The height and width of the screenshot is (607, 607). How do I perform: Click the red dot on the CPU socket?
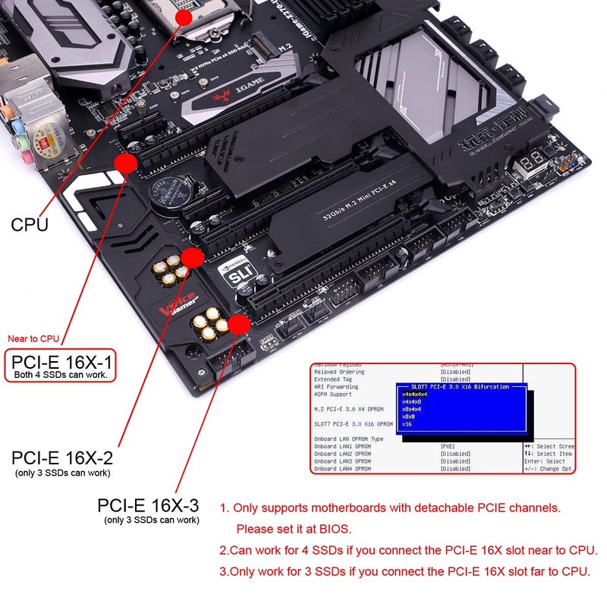[184, 15]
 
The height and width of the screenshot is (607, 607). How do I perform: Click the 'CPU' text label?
[30, 225]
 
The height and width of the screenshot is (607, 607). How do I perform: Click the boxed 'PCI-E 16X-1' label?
[60, 364]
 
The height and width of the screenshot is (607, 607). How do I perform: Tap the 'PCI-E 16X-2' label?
[62, 458]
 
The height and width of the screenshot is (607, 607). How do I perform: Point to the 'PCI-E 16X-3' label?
[149, 505]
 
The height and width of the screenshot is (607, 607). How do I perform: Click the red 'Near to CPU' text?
[33, 339]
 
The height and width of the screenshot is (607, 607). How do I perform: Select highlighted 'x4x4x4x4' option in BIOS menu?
[414, 395]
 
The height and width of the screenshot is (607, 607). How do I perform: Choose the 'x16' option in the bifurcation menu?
[407, 424]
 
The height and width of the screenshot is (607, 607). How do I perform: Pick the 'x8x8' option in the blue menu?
[408, 417]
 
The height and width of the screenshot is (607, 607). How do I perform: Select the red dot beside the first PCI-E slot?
[126, 162]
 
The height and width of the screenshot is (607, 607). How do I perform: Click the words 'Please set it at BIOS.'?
[294, 528]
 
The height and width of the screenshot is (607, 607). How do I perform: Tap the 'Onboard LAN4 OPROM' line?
[343, 469]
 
